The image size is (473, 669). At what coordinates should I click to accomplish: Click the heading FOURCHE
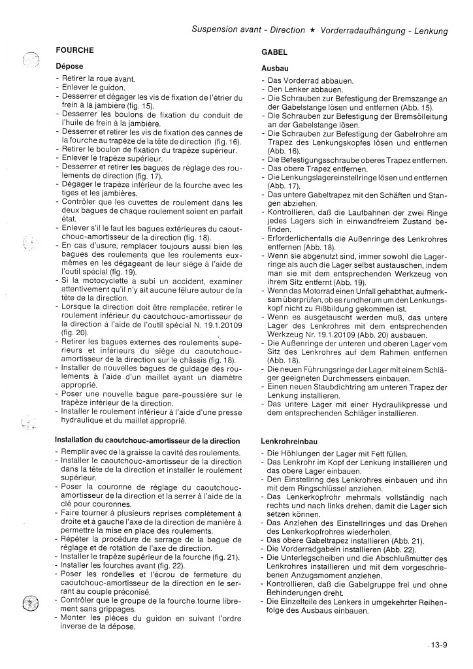click(x=75, y=50)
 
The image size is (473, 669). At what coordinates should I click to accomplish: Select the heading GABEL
click(x=274, y=57)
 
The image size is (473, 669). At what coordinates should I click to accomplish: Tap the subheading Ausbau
click(x=275, y=69)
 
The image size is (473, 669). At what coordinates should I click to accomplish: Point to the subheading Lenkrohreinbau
click(x=292, y=441)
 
